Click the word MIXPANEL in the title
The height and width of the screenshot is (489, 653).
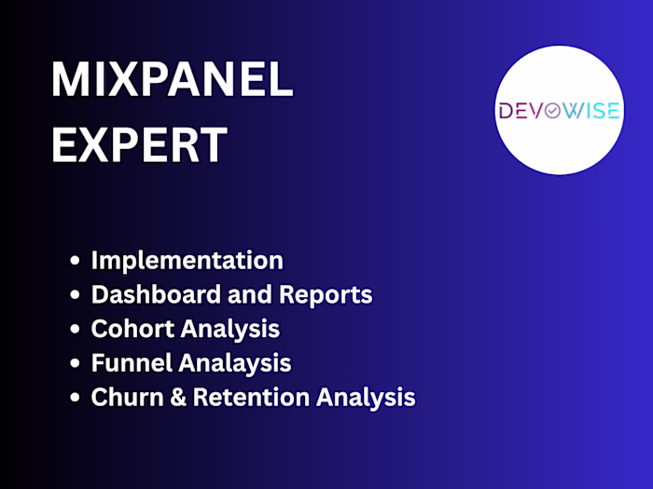point(172,82)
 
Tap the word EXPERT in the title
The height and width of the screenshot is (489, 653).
point(139,145)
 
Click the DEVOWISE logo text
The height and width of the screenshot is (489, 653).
point(558,111)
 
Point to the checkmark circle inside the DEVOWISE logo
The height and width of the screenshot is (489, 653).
point(551,111)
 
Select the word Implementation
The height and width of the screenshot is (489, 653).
point(187,261)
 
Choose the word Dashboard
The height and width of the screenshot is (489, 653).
point(146,295)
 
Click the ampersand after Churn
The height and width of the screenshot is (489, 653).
point(171,398)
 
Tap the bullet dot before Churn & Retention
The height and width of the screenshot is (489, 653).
point(75,398)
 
